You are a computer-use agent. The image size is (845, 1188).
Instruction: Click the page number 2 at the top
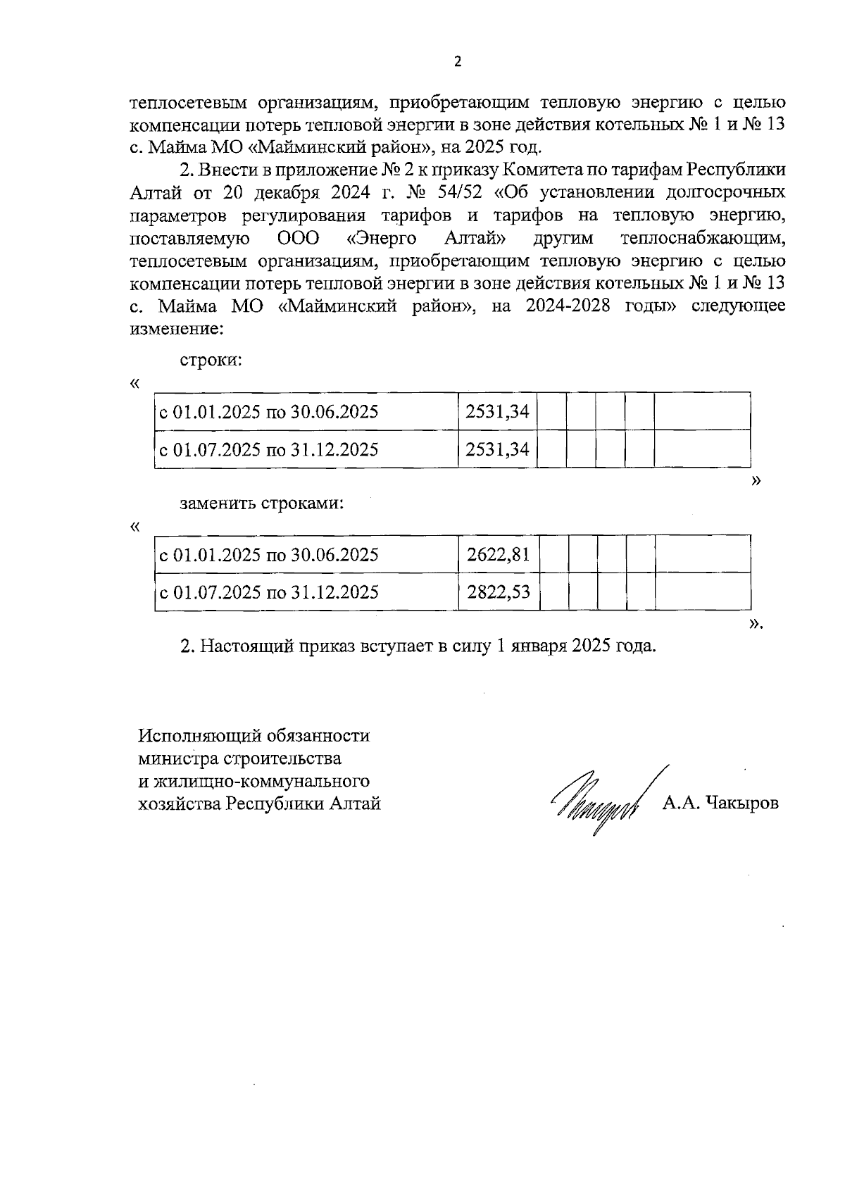[x=458, y=61]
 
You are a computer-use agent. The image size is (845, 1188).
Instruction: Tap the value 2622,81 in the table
[x=498, y=555]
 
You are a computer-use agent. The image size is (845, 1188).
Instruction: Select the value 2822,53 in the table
[x=498, y=592]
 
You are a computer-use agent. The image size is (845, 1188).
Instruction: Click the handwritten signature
[x=599, y=803]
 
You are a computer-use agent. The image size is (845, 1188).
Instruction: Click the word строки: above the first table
[x=211, y=360]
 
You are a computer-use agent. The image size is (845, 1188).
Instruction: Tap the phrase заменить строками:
[x=262, y=504]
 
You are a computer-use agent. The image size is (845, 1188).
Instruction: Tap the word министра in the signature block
[x=178, y=758]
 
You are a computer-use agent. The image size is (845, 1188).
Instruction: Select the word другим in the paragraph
[x=563, y=238]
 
